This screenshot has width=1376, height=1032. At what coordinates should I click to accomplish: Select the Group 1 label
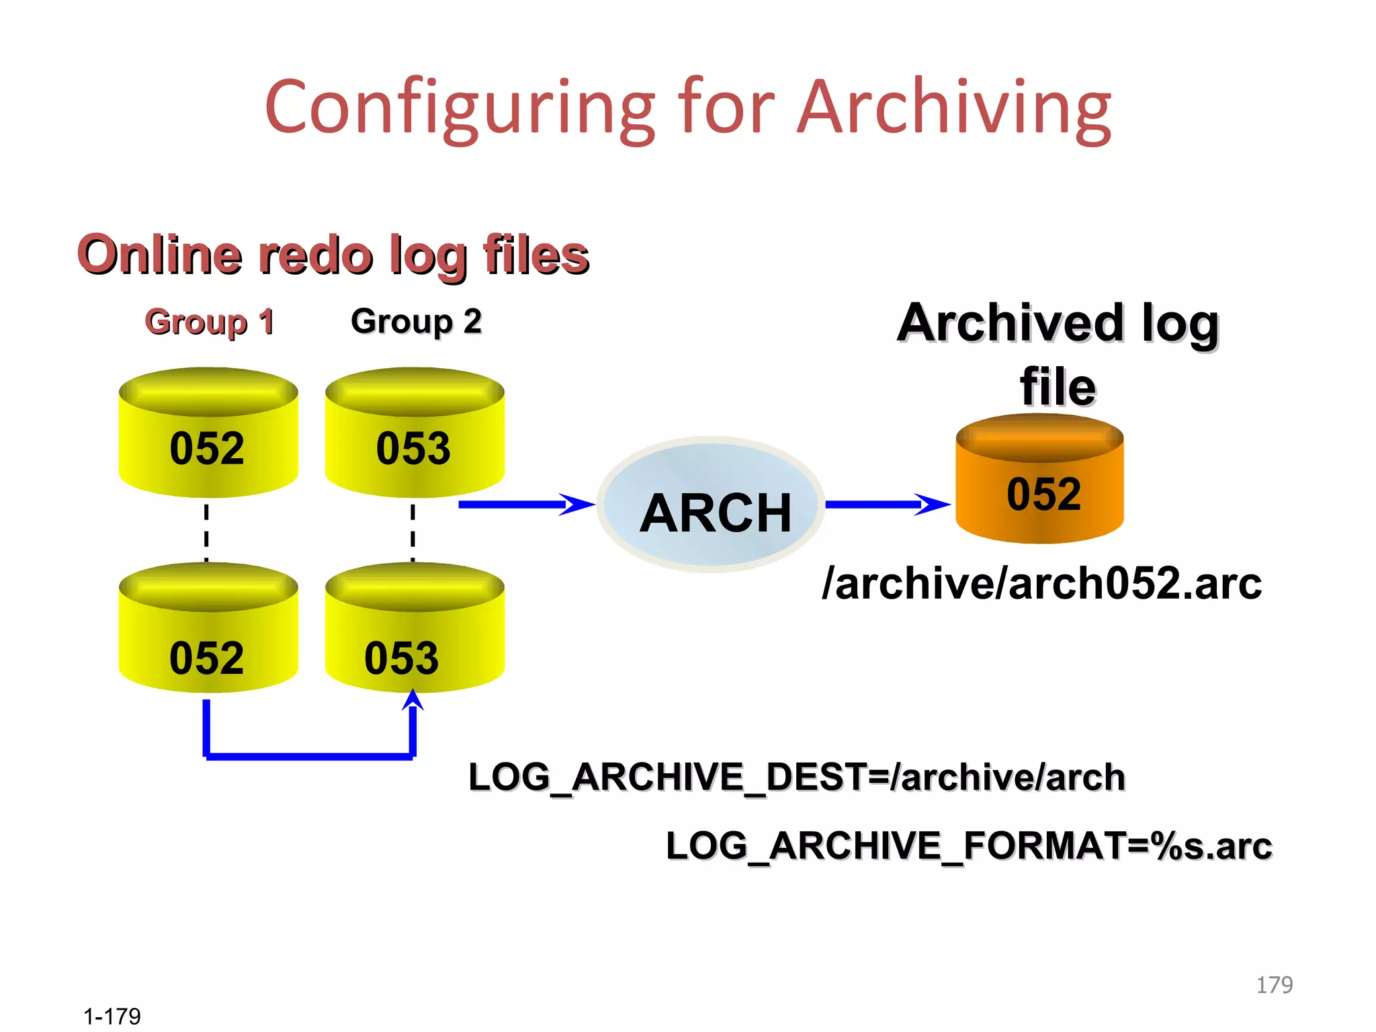pyautogui.click(x=210, y=322)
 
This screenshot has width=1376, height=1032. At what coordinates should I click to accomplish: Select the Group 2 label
pyautogui.click(x=416, y=321)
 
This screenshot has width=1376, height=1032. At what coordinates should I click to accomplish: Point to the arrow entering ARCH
pyautogui.click(x=524, y=504)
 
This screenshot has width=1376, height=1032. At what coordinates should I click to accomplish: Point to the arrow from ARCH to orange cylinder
pyautogui.click(x=886, y=504)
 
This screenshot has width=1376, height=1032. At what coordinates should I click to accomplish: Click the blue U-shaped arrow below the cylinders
pyautogui.click(x=309, y=756)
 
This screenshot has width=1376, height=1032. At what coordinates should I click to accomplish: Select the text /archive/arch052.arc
pyautogui.click(x=1041, y=583)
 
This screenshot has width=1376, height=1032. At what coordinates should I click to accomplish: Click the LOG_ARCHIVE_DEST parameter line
pyautogui.click(x=796, y=777)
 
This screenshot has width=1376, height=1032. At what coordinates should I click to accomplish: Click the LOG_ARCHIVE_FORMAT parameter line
pyautogui.click(x=967, y=846)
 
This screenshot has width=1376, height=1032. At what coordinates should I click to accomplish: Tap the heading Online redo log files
pyautogui.click(x=333, y=255)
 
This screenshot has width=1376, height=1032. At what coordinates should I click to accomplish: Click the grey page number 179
pyautogui.click(x=1274, y=985)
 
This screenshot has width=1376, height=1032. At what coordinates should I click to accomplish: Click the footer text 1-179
pyautogui.click(x=112, y=1016)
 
